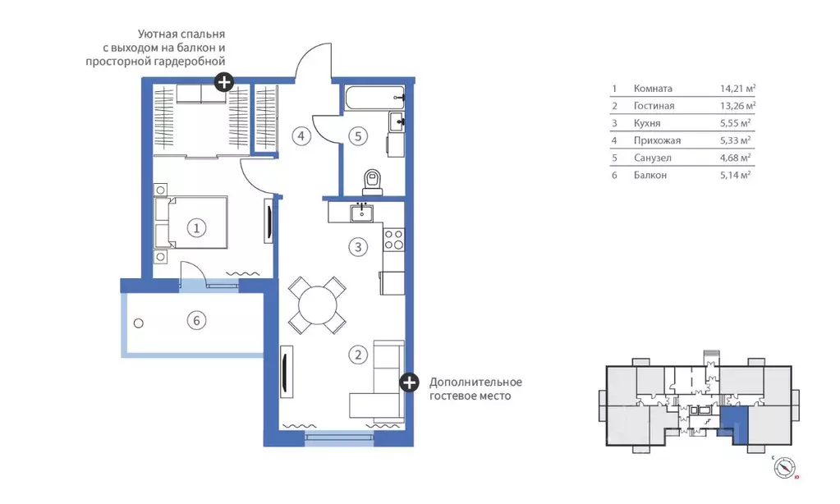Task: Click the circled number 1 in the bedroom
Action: tap(196, 228)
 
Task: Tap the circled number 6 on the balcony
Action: tap(196, 320)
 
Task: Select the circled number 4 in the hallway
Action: tap(301, 136)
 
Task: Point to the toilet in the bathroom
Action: tap(372, 182)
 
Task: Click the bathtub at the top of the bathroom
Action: tap(374, 98)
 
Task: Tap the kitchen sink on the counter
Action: tap(362, 213)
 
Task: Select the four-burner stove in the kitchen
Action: tap(394, 239)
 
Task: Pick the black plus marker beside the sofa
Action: tap(409, 383)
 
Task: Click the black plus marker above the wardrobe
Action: tap(224, 82)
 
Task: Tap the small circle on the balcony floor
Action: tap(138, 323)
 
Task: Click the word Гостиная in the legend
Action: tap(654, 106)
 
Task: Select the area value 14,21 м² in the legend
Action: tap(737, 89)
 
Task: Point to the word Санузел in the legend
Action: tap(653, 158)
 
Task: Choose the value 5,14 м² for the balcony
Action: tap(735, 175)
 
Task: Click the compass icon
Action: tap(784, 468)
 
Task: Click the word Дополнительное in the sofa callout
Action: tap(475, 383)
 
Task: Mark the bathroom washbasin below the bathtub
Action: tap(397, 122)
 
